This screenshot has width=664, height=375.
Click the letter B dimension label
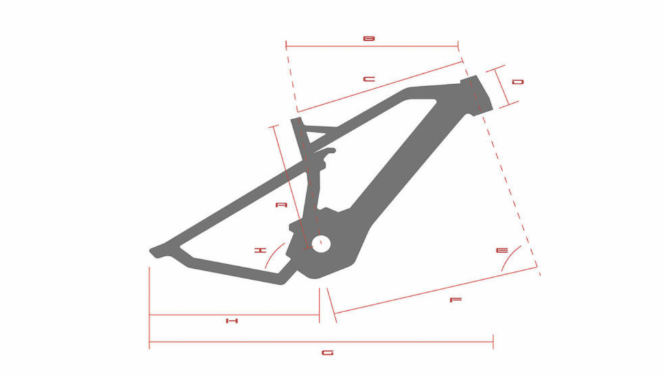coord(369,38)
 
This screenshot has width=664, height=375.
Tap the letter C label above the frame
coord(369,79)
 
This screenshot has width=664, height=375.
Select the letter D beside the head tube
coord(518,82)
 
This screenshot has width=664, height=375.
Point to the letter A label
coord(281,205)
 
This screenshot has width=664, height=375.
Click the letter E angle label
coord(502,251)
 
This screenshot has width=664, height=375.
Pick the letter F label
coord(456,300)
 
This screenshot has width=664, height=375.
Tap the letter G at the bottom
coord(327,352)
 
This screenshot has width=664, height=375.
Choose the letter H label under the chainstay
coord(231,321)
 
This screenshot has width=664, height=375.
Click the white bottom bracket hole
coord(321,244)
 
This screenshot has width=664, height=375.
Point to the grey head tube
coord(477,95)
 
